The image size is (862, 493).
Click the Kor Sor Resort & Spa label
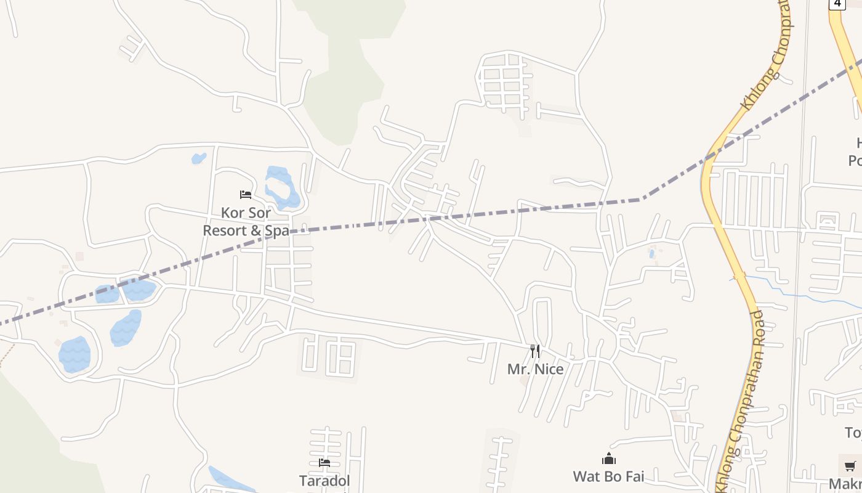click(x=246, y=222)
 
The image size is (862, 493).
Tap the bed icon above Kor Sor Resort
click(x=246, y=195)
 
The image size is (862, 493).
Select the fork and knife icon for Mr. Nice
click(x=535, y=351)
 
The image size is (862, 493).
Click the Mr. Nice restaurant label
click(x=535, y=369)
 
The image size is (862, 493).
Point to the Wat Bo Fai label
click(x=608, y=476)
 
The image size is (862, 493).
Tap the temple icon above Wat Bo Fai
click(x=609, y=458)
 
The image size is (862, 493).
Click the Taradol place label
click(x=324, y=481)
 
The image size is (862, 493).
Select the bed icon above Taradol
click(x=324, y=462)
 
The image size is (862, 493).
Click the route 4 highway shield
click(x=837, y=4)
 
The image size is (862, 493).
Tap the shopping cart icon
click(x=850, y=466)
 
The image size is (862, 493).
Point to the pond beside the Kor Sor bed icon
click(x=281, y=187)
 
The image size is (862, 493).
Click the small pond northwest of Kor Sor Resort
click(x=198, y=158)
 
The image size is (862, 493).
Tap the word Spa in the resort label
click(x=277, y=230)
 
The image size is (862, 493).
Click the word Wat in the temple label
click(x=586, y=476)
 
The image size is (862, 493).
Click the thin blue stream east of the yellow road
click(x=800, y=295)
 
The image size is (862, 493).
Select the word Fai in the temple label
click(x=634, y=476)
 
